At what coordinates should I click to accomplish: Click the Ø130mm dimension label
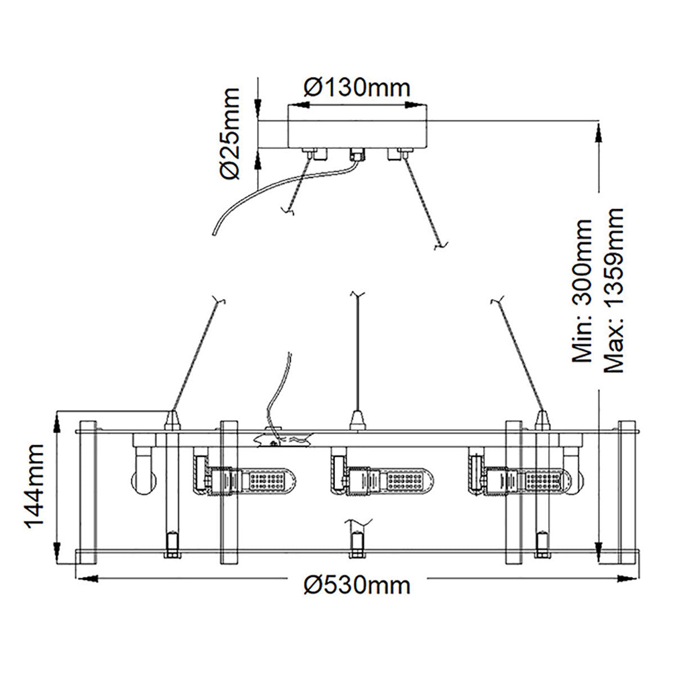coord(357,87)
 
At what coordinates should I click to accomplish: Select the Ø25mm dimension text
coord(230,133)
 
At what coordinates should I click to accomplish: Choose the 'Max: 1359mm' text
coord(613,290)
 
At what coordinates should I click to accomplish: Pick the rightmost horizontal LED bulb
coord(529,480)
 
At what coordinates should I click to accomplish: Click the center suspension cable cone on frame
coord(357,420)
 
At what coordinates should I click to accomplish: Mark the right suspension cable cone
coord(542,420)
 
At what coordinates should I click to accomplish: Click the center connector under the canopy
coord(356,153)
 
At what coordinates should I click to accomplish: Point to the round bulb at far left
coord(142,481)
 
